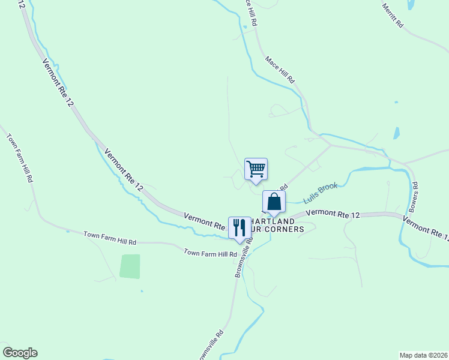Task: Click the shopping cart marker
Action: (256, 169)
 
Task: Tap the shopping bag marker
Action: (274, 202)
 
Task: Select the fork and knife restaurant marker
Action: (240, 227)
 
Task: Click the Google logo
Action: (20, 353)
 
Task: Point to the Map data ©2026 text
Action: (423, 355)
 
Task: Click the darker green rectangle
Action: (130, 266)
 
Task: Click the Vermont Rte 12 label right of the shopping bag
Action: (333, 214)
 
